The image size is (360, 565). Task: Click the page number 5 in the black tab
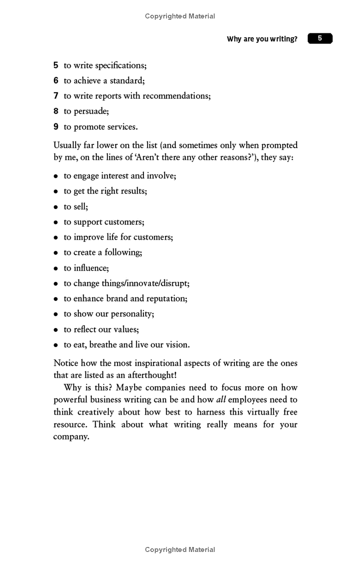point(320,38)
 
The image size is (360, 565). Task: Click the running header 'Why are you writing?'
point(262,39)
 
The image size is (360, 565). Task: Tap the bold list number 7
point(56,95)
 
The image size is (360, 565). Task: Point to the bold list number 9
point(56,127)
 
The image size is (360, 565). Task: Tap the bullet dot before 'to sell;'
point(56,207)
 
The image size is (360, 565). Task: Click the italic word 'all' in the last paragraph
point(221,400)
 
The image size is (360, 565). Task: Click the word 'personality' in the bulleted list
point(132,314)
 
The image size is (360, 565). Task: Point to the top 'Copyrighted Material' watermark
point(180,16)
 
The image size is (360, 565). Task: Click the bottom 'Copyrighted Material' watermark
point(180,550)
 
